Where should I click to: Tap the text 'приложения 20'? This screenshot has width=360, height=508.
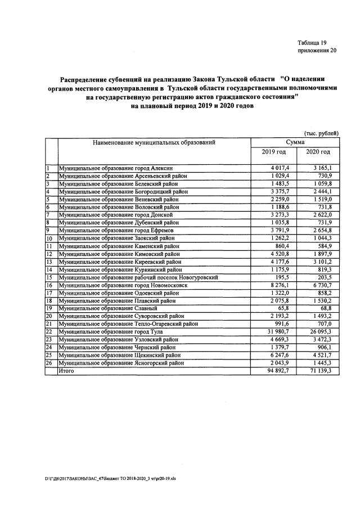pyautogui.click(x=317, y=51)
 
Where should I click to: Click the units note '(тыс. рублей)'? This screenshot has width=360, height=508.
pyautogui.click(x=321, y=133)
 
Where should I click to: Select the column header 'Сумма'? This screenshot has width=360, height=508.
pyautogui.click(x=296, y=142)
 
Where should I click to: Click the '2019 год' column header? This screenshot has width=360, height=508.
pyautogui.click(x=274, y=152)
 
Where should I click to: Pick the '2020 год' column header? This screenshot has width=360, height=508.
pyautogui.click(x=318, y=152)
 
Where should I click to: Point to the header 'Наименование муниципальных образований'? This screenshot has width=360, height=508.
pyautogui.click(x=154, y=143)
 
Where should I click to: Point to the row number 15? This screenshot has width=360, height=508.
pyautogui.click(x=49, y=277)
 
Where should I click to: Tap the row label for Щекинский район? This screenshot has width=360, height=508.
pyautogui.click(x=120, y=356)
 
